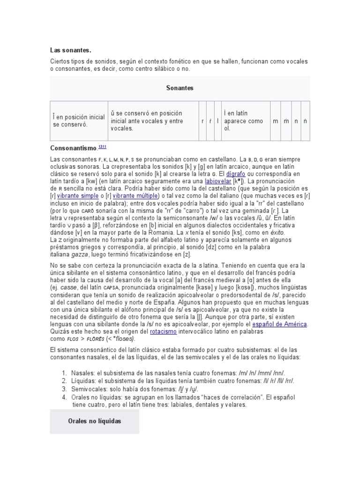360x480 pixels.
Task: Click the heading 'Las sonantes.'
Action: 71,50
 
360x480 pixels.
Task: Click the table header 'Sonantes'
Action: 180,88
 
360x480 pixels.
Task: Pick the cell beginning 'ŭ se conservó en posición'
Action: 153,120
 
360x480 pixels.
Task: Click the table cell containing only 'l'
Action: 217,121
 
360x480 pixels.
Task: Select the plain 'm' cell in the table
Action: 276,121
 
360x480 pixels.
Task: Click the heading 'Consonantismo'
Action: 74,148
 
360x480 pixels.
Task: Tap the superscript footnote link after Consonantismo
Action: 103,147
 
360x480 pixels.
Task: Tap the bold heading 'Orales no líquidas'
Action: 94,421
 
